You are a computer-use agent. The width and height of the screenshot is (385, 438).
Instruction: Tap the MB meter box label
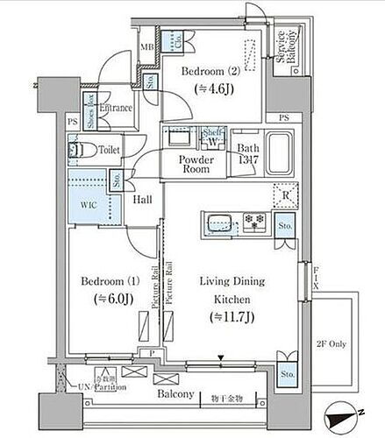[146, 48]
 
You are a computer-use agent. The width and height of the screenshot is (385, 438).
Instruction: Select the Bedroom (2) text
[209, 72]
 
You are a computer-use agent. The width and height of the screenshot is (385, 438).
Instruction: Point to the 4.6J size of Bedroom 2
[209, 88]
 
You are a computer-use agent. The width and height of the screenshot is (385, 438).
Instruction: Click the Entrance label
[116, 109]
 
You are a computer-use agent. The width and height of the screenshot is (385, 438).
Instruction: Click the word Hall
[144, 200]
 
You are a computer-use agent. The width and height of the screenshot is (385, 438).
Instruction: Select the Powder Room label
[197, 165]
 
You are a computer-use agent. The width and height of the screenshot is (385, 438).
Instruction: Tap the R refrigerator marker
[287, 194]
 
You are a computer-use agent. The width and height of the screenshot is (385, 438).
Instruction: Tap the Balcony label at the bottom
[175, 395]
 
